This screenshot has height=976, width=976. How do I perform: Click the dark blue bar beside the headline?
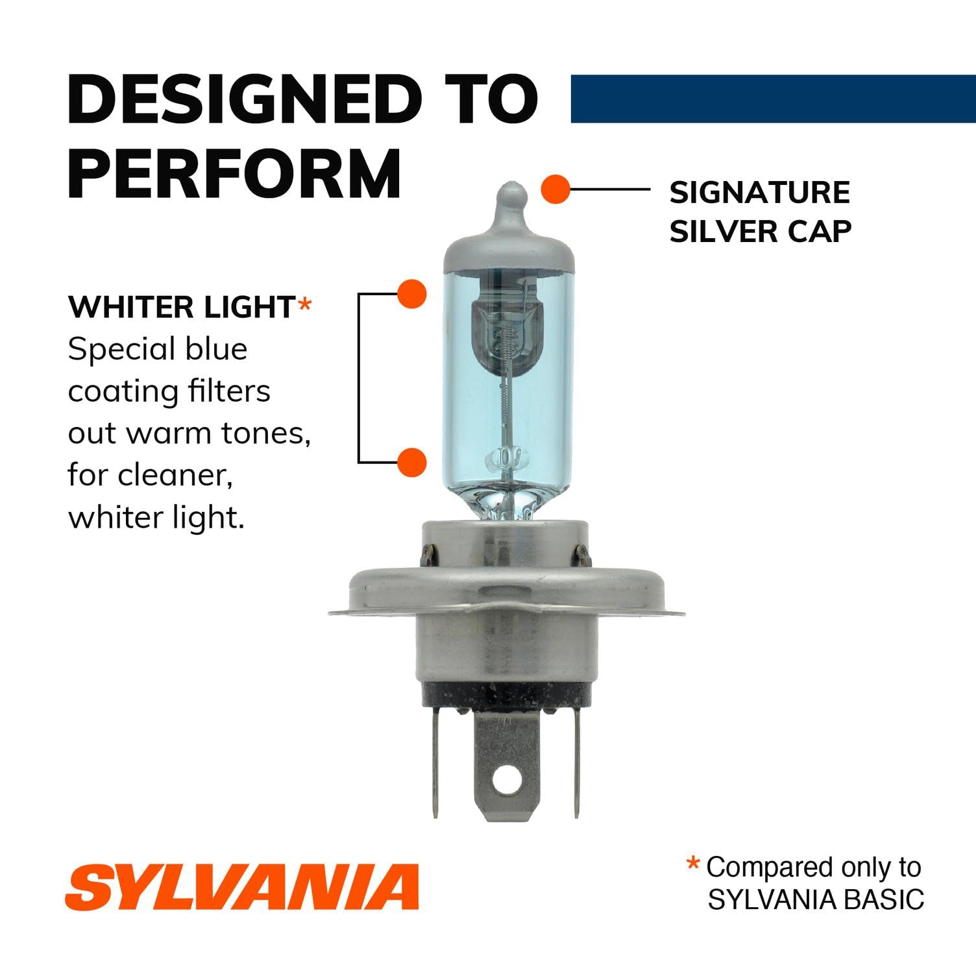click(x=772, y=99)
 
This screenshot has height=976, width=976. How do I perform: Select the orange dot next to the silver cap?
click(x=555, y=189)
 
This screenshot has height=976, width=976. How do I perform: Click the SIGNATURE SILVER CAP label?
click(x=760, y=212)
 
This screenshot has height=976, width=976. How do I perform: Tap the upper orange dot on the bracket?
click(x=411, y=294)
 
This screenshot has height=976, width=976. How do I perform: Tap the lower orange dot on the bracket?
click(x=411, y=463)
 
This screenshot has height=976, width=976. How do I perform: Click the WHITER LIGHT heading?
click(x=181, y=308)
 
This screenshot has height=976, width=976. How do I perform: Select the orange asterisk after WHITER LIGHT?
click(x=304, y=306)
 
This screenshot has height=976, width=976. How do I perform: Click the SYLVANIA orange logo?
click(x=242, y=887)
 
